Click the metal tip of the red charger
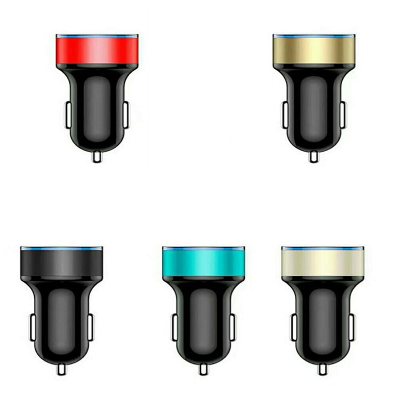(x=97, y=156)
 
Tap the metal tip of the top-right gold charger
(x=313, y=156)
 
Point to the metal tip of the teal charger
(x=204, y=368)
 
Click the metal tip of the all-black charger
(x=61, y=368)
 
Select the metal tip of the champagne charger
(x=323, y=368)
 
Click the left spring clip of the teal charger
(x=174, y=326)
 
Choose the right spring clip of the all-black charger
(x=91, y=326)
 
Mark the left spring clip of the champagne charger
(x=293, y=326)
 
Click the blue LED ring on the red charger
(x=97, y=37)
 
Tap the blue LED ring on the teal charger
(x=204, y=248)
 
